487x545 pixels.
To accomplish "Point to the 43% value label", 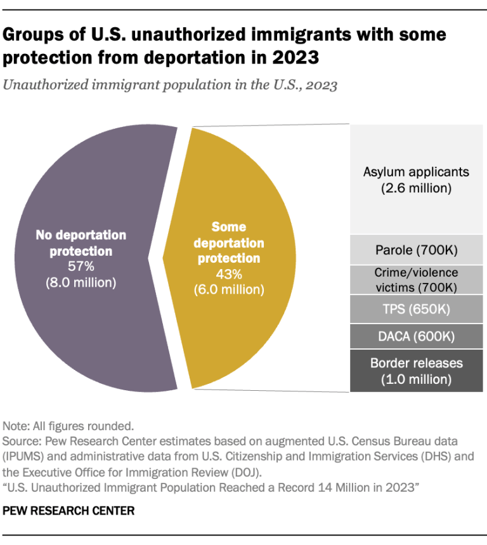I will (229, 274).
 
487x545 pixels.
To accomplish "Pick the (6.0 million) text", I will (229, 290).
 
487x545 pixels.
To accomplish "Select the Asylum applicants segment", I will (416, 180).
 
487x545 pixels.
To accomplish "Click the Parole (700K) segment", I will (416, 251).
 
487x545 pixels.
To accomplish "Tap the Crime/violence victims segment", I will (416, 280).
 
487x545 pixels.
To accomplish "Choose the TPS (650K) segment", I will (416, 310).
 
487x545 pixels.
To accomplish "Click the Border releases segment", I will (416, 371).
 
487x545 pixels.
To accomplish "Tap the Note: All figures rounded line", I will (60, 426).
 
